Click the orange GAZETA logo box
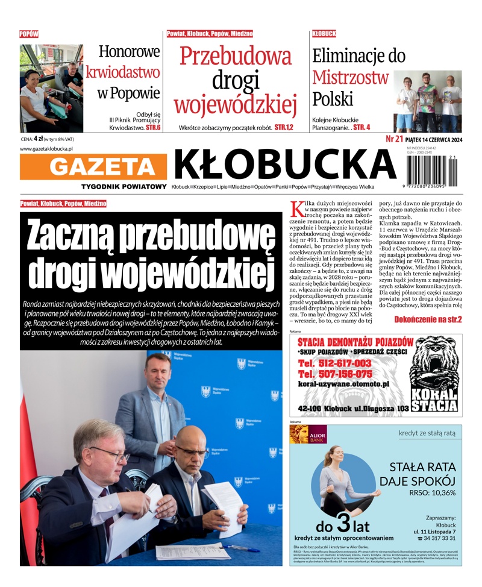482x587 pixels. [93, 167]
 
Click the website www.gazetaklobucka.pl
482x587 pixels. [46, 148]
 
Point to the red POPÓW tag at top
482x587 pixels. [29, 34]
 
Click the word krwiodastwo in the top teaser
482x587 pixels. [123, 72]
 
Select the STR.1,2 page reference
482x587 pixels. [284, 128]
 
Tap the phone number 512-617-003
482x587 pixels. [335, 363]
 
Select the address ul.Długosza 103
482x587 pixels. [374, 409]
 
